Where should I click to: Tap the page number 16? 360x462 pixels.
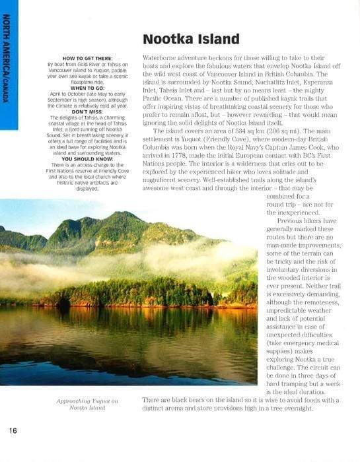pos(13,430)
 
